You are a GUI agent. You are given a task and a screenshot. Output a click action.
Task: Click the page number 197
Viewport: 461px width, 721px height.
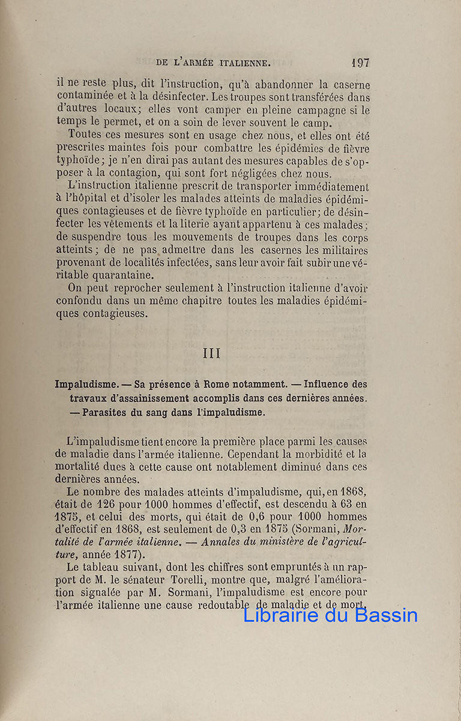[x=361, y=62]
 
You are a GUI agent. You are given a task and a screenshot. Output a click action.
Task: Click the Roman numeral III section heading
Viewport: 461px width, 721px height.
[x=212, y=353]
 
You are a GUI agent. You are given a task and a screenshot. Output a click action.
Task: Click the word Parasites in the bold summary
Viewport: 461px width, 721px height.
[x=109, y=412]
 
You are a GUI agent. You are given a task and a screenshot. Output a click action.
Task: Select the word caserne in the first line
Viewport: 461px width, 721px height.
[x=349, y=85]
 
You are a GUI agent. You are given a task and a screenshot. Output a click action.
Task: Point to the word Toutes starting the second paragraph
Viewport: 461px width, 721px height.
[x=85, y=135]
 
